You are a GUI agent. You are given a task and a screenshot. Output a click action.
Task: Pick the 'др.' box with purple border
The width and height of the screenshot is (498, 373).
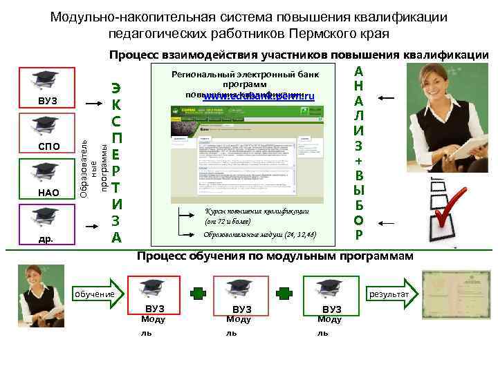(47, 226)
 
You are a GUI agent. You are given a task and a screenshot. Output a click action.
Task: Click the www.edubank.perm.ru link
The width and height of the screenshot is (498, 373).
(259, 98)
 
